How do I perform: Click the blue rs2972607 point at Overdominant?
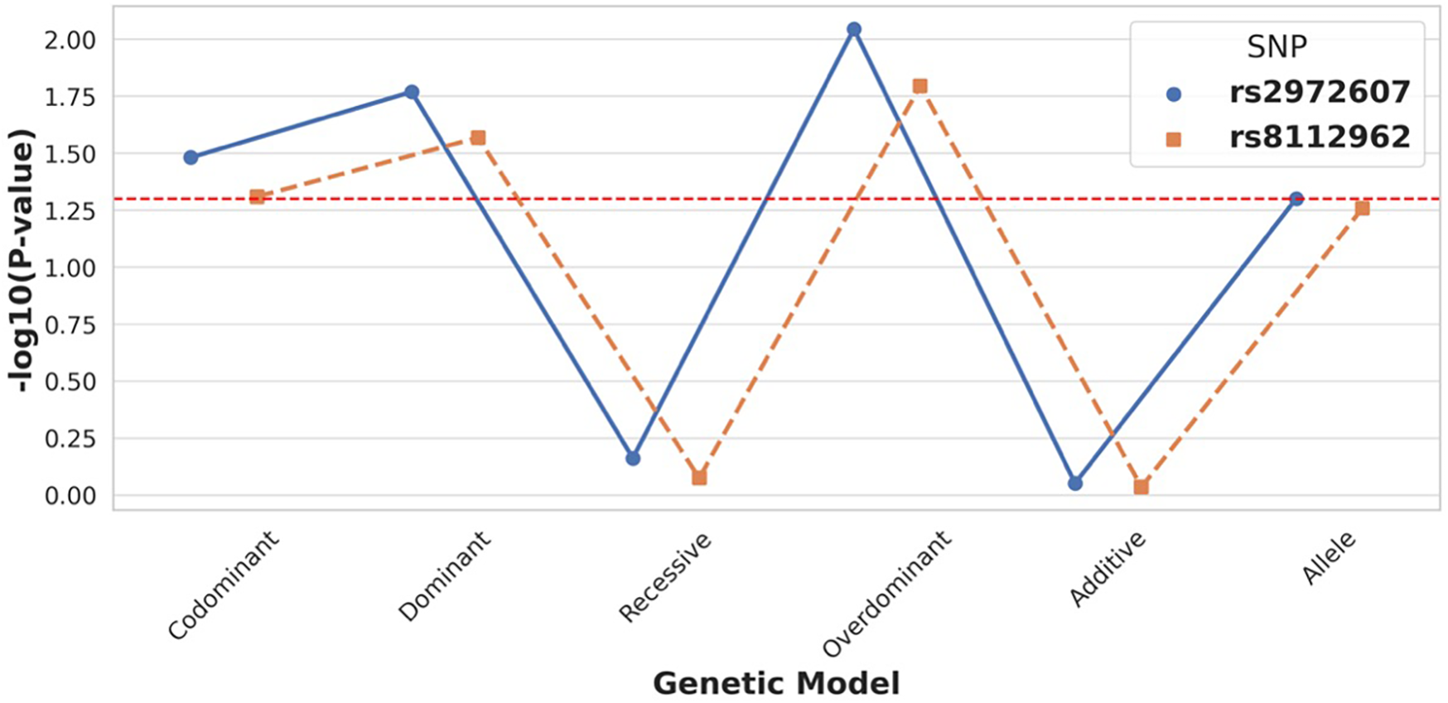pos(854,30)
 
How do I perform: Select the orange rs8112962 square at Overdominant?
pos(919,86)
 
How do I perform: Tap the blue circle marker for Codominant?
pos(191,157)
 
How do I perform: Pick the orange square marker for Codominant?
pos(257,197)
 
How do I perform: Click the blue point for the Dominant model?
pos(412,92)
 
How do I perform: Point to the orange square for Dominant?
pos(478,137)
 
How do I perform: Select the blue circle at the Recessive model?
pos(633,458)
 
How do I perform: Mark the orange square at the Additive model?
pos(1141,487)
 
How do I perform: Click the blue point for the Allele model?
pos(1296,199)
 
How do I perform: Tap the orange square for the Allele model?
pos(1362,209)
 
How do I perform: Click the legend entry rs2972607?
pos(1319,92)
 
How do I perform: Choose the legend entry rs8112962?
pos(1319,137)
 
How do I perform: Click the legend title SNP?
pos(1277,47)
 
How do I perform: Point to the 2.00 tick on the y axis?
pos(70,40)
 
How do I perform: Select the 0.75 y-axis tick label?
pos(70,325)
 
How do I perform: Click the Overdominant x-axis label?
pos(886,595)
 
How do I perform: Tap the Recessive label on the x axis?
pos(665,577)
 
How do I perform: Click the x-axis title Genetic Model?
pos(776,684)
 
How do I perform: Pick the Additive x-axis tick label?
pos(1108,570)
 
